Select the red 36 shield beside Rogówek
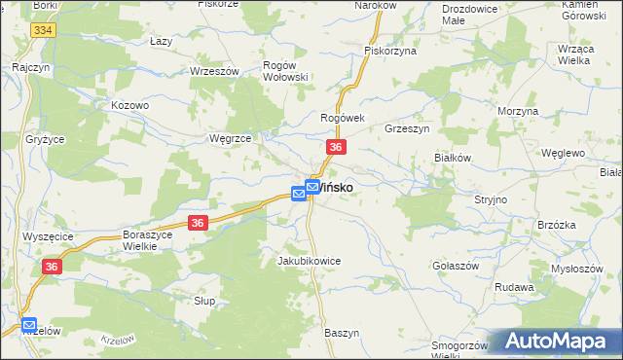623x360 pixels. [x=335, y=147]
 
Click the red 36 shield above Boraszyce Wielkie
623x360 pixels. [x=198, y=223]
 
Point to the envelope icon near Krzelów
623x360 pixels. [x=29, y=325]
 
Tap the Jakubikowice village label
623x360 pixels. [x=309, y=262]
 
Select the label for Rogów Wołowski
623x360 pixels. [x=286, y=71]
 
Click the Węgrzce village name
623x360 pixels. [x=231, y=139]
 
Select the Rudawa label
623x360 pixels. [x=514, y=288]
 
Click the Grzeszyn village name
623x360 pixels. [x=408, y=128]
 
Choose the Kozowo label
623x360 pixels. [x=129, y=105]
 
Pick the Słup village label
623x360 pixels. [x=204, y=302]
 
